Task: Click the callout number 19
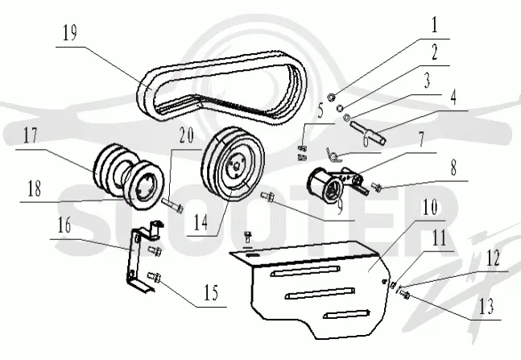pos(70,33)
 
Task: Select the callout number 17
pos(31,135)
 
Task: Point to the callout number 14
pos(201,222)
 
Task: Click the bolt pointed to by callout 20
pos(173,205)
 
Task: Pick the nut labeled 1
pos(331,97)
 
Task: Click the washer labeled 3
pos(347,117)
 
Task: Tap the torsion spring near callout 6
pos(333,155)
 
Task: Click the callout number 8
pos(453,168)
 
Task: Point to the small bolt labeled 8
pos(376,187)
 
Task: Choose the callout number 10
pos(430,207)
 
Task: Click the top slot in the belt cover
pos(305,271)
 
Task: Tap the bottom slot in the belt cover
pos(346,313)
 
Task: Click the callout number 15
pos(211,293)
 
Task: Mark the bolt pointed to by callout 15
pos(154,277)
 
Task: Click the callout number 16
pos(64,225)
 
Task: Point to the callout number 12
pos(493,258)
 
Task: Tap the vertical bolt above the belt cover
pos(248,238)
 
